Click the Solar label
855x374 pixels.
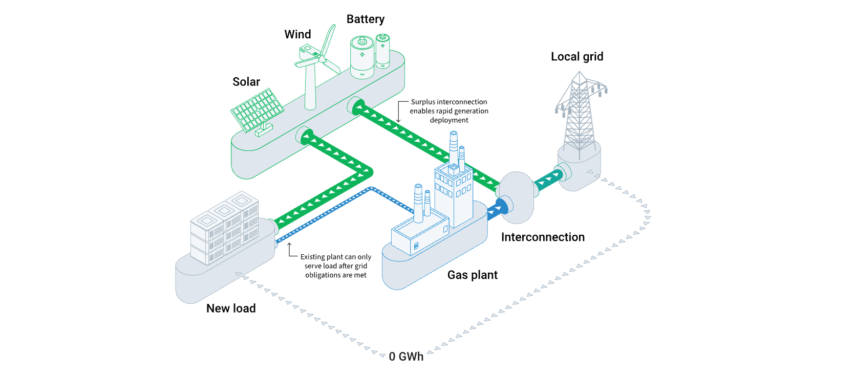tap(246, 82)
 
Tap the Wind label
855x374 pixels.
tap(297, 34)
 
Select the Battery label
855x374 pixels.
tap(365, 19)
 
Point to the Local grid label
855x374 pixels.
tap(577, 57)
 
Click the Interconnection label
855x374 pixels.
tap(543, 237)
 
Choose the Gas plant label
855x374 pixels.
tap(472, 275)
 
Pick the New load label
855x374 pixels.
tap(231, 309)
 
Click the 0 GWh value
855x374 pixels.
tap(406, 357)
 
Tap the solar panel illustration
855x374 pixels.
tap(257, 110)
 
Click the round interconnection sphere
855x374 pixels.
tap(516, 197)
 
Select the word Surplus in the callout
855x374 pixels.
tap(423, 102)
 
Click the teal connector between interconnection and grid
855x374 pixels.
tap(548, 180)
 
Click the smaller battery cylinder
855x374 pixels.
tap(382, 51)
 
